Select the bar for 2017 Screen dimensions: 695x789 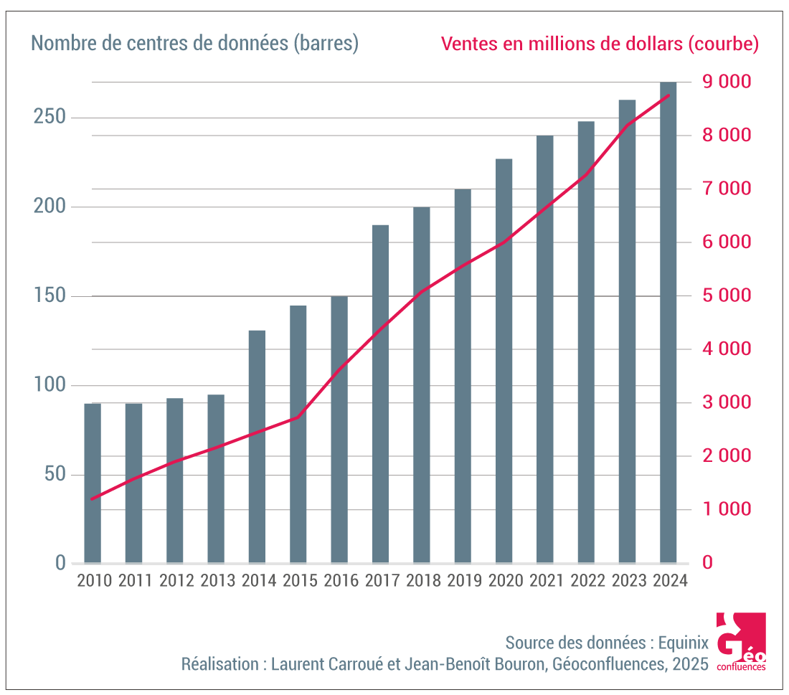pos(380,394)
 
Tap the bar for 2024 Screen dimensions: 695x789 pos(668,323)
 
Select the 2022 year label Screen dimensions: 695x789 pos(586,580)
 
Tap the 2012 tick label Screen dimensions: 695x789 pos(176,580)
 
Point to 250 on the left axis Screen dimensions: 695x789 pos(49,118)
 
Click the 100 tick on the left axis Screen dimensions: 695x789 pos(49,385)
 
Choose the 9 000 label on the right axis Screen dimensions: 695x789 pos(725,82)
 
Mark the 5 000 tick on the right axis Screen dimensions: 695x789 pos(725,296)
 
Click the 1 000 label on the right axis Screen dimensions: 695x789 pos(725,509)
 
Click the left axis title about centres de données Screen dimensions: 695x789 pos(195,43)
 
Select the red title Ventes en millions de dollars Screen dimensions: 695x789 pos(600,44)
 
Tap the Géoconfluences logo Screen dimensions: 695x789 pos(740,642)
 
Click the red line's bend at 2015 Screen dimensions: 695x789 pos(298,417)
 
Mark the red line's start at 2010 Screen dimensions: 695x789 pos(93,498)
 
